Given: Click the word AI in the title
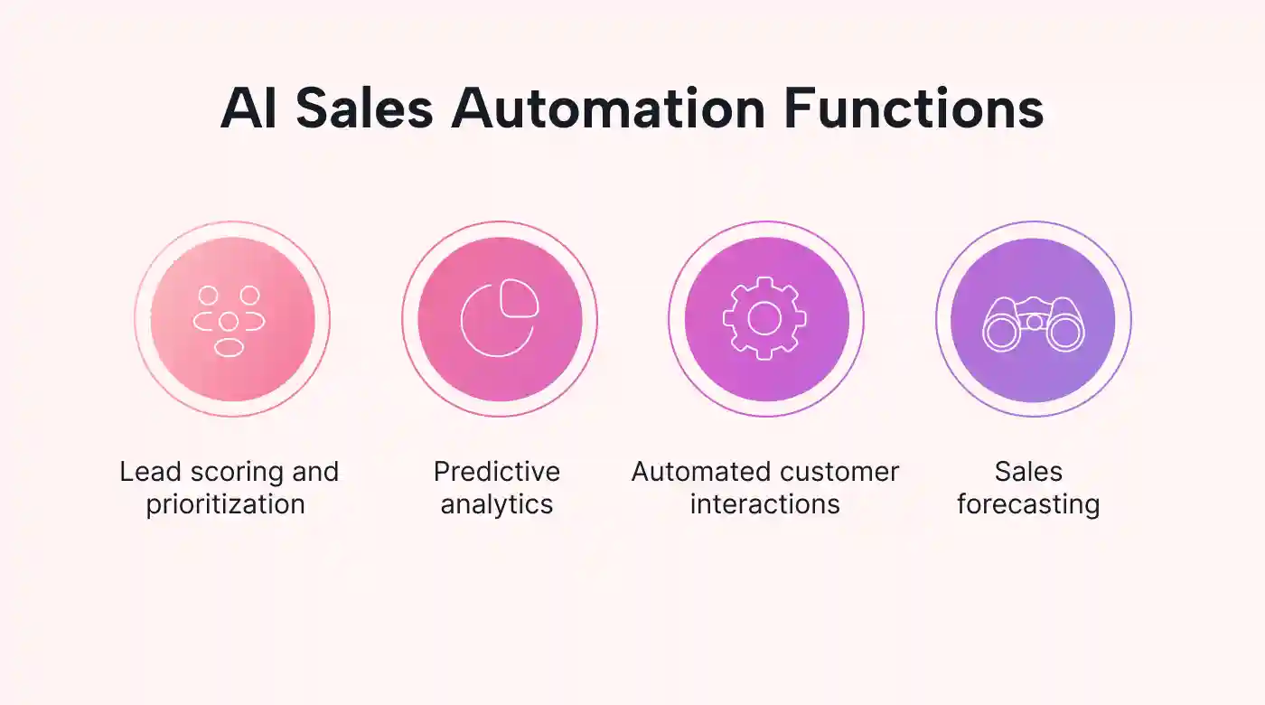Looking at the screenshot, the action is coord(248,108).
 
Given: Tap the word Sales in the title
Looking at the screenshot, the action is coord(364,108).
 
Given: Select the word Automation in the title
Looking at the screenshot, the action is coord(608,108).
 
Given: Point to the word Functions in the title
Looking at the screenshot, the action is coord(914,108).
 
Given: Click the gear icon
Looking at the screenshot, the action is coord(764,318).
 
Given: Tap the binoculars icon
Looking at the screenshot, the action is coord(1034,324).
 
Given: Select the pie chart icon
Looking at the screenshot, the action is coord(499,318).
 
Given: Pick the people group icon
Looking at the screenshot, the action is coord(229,321).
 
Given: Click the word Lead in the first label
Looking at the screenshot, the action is coord(150,472).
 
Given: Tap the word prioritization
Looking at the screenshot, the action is coord(225,504).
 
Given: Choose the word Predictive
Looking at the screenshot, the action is coord(497,472).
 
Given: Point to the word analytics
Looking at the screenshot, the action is coord(497,504).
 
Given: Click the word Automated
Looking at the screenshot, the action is coord(696,472).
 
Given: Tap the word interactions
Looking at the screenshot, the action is coord(765,504).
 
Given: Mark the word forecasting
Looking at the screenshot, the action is coord(1028,504).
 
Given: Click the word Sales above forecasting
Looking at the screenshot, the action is coord(1028,472).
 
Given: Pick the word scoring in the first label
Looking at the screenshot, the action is coord(236,473).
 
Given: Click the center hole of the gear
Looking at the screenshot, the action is coord(764,318).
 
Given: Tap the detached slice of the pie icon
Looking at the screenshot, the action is coord(520,297).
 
